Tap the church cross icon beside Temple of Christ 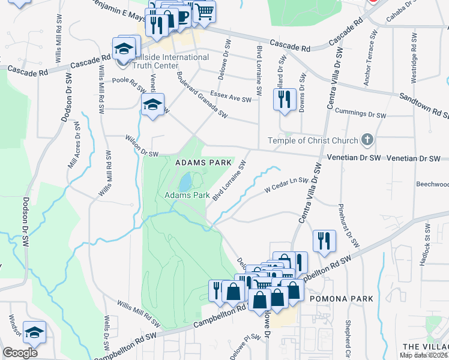point(367,140)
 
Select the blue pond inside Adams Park point(186,181)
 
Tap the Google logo point(20,352)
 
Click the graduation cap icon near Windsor point(35,334)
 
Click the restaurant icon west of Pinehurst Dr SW point(324,241)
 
